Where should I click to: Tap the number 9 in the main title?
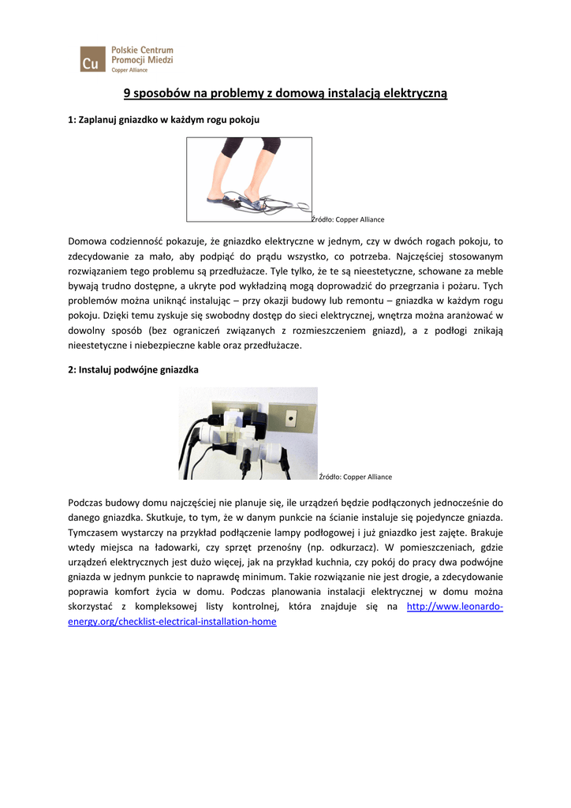coord(127,94)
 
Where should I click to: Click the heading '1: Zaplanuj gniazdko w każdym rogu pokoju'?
coord(164,120)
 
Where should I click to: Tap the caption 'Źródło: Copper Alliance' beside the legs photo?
coord(348,219)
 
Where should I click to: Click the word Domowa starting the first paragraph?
coord(88,241)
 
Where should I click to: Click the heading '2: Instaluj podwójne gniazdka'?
coord(133,369)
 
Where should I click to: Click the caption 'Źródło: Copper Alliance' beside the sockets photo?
coord(355,477)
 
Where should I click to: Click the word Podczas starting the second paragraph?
coord(88,502)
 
